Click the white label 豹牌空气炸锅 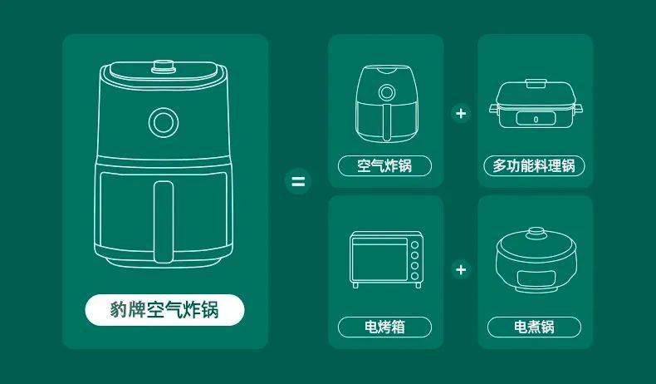click(x=165, y=310)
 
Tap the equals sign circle click(x=298, y=181)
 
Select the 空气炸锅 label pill click(x=384, y=166)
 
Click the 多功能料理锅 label click(x=534, y=166)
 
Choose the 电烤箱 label click(x=384, y=327)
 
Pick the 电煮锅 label click(x=534, y=327)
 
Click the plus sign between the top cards click(x=461, y=113)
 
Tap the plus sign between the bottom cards click(x=461, y=269)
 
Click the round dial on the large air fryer click(x=164, y=122)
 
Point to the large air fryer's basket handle click(x=163, y=222)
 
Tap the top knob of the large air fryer click(x=164, y=66)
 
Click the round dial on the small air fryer click(x=387, y=92)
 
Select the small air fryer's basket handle click(x=387, y=121)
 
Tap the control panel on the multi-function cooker click(x=536, y=119)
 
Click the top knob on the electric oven click(x=414, y=245)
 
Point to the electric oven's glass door click(x=379, y=262)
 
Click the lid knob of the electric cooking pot click(x=536, y=233)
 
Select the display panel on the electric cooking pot click(x=536, y=278)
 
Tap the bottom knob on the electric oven click(x=414, y=276)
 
